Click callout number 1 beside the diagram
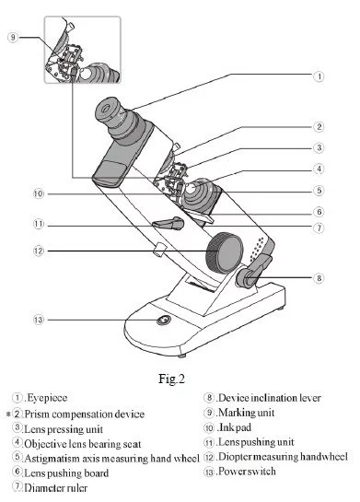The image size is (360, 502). (319, 76)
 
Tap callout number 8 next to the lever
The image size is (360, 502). (319, 278)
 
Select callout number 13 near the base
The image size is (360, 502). (39, 320)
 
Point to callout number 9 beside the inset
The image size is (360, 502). (13, 37)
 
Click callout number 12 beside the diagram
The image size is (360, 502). (39, 251)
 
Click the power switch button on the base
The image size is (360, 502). (164, 320)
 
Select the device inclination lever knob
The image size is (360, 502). (247, 278)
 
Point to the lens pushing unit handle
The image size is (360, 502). (168, 223)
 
